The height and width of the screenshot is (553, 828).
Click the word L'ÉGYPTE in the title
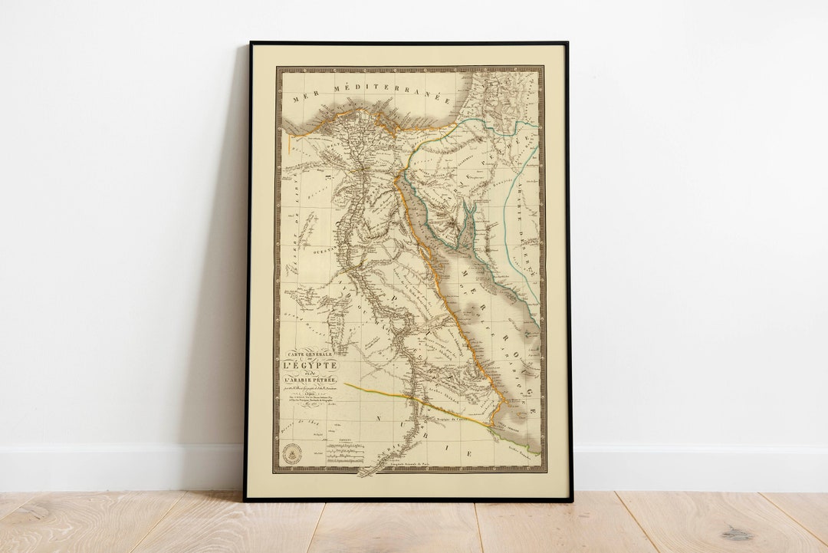click(310, 367)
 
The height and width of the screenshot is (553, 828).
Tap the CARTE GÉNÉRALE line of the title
click(310, 354)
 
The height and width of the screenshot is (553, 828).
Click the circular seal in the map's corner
click(292, 453)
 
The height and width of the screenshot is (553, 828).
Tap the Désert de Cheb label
click(300, 415)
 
